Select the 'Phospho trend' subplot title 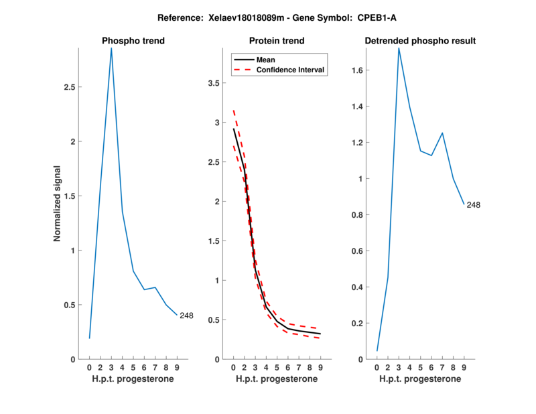coord(133,41)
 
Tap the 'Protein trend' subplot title coord(277,41)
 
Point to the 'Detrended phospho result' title coord(420,41)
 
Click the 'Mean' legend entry coord(266,60)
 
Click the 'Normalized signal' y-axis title coord(58,204)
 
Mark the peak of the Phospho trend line coord(111,48)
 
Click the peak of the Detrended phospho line coord(399,48)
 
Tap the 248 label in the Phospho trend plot coord(186,316)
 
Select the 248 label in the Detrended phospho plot coord(473,205)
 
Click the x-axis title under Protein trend coord(277,379)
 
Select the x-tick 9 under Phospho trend coord(177,368)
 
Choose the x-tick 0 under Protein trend coord(233,368)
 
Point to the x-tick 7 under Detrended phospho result coord(442,368)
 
